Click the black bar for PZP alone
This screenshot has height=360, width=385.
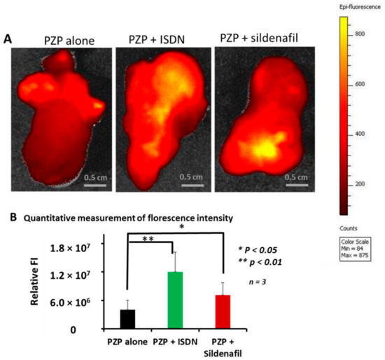coord(127,318)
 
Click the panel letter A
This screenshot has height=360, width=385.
coord(8,40)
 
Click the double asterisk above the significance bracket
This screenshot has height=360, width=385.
coord(148,239)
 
